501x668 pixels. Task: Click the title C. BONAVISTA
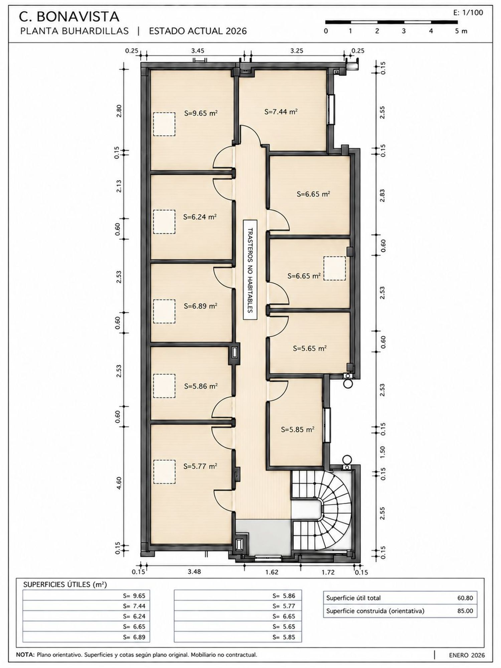tap(69, 16)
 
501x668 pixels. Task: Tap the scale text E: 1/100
tap(468, 13)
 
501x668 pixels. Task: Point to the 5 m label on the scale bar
tap(461, 31)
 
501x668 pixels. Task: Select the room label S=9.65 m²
tap(201, 113)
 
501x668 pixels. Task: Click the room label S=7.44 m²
tap(281, 112)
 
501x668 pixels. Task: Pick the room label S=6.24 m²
tap(200, 217)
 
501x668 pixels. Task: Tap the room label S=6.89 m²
tap(201, 306)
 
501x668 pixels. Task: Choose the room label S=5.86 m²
tap(201, 386)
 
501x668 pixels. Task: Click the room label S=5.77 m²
tap(200, 466)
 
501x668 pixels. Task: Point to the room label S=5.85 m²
tap(298, 430)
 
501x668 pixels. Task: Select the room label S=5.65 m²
tap(310, 348)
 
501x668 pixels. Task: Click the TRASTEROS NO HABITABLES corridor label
tap(250, 270)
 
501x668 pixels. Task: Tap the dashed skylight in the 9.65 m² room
tap(164, 124)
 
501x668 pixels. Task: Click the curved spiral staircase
tap(334, 511)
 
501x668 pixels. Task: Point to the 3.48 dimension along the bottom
tap(194, 571)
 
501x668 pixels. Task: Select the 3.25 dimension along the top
tap(297, 51)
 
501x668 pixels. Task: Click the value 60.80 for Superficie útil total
tap(465, 598)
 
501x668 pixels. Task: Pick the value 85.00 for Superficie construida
tap(465, 611)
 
